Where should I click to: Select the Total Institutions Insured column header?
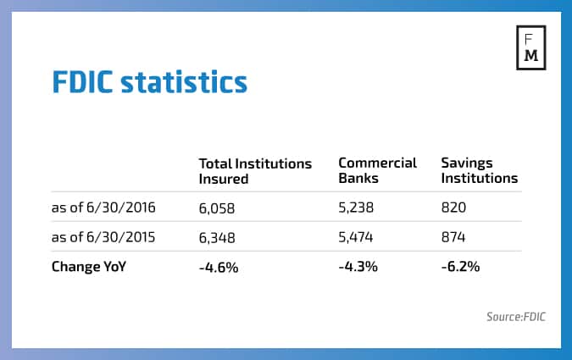pyautogui.click(x=255, y=170)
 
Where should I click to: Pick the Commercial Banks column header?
pyautogui.click(x=377, y=170)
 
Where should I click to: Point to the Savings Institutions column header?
pyautogui.click(x=479, y=170)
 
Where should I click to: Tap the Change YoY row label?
pyautogui.click(x=90, y=266)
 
